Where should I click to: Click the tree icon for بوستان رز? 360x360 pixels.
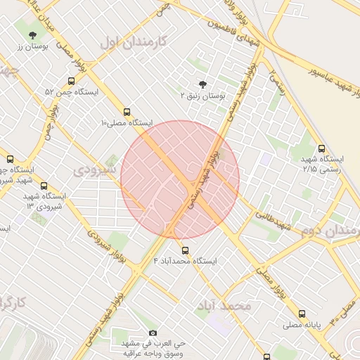point(32,34)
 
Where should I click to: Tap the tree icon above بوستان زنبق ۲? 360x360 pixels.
point(204,83)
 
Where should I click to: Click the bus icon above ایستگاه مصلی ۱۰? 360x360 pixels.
point(127,111)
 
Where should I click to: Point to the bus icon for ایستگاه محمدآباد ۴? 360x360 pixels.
point(186,250)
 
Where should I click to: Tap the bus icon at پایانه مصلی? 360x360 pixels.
point(302,314)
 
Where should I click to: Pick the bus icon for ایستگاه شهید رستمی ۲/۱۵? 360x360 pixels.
point(321,148)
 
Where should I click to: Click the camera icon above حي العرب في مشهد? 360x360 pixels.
point(153,333)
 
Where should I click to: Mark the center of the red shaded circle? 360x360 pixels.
point(180,179)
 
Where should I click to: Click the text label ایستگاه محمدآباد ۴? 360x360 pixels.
point(186,261)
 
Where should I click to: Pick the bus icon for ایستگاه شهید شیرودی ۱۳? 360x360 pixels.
point(44,186)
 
